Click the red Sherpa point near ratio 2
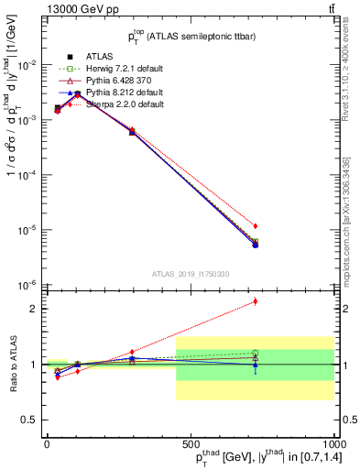[256, 300]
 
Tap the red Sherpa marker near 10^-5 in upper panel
[256, 225]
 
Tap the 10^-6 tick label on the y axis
[27, 284]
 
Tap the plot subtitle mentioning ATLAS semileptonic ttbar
[190, 38]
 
